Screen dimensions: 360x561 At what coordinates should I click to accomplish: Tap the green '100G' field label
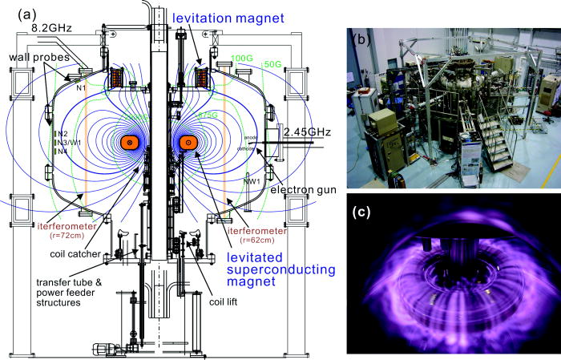pos(241,59)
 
